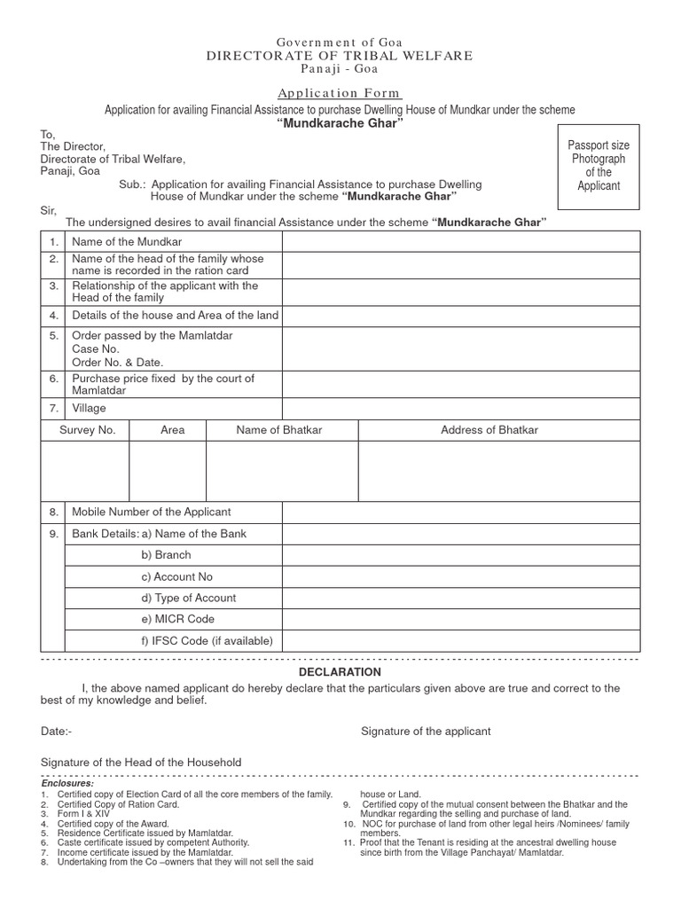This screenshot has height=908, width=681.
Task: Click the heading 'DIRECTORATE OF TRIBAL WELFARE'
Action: click(x=340, y=56)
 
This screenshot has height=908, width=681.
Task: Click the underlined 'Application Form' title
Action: click(x=340, y=93)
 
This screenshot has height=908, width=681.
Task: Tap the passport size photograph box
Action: click(x=599, y=166)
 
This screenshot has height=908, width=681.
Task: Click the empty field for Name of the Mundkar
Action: click(x=460, y=241)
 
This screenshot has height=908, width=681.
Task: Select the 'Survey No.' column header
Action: click(x=88, y=430)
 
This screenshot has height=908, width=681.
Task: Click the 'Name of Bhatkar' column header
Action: click(x=279, y=430)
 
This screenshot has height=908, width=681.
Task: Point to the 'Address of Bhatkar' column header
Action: click(x=489, y=430)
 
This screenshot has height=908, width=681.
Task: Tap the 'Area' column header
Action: click(x=173, y=430)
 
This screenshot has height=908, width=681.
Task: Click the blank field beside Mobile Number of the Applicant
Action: click(x=460, y=513)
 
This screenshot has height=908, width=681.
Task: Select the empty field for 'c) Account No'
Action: click(x=460, y=576)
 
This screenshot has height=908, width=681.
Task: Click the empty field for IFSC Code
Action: click(x=460, y=640)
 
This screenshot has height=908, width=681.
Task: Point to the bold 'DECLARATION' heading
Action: click(x=340, y=673)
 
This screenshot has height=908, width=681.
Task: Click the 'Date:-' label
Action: click(x=56, y=732)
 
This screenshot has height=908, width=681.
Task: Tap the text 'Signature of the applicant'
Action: click(x=426, y=732)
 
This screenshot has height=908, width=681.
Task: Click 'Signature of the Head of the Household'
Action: click(x=141, y=763)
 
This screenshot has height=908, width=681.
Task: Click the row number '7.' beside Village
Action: click(x=54, y=408)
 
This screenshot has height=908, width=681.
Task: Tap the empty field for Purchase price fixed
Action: click(x=460, y=385)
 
